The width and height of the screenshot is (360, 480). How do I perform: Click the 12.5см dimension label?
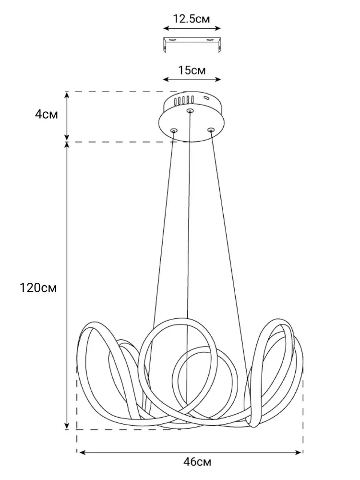[192, 19]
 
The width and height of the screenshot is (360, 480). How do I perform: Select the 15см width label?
[192, 71]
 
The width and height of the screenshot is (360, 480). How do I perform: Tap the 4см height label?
[46, 115]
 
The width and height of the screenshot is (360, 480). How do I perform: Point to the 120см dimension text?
[38, 288]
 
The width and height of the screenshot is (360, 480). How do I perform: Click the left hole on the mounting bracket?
[173, 40]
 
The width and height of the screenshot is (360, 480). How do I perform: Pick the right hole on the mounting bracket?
[210, 40]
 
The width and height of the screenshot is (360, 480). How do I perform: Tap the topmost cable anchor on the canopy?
[190, 110]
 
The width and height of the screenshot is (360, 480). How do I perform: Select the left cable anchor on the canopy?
[174, 131]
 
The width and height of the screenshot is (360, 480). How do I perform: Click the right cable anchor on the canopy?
[211, 131]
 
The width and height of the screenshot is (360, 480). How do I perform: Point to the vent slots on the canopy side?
[183, 100]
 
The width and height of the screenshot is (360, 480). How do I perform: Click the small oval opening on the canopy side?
[206, 98]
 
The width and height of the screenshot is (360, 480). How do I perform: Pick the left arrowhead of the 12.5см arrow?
[167, 28]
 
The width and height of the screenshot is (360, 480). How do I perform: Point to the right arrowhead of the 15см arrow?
[217, 80]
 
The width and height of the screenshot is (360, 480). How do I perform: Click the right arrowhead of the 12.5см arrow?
[217, 28]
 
